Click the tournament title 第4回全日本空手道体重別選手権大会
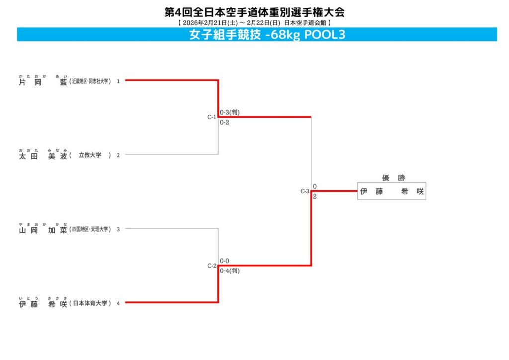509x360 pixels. (x=254, y=12)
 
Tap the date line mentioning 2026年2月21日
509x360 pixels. (x=254, y=23)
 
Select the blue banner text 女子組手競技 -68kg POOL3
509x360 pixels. (x=267, y=35)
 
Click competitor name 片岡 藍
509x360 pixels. (x=43, y=81)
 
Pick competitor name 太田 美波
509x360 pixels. (x=43, y=155)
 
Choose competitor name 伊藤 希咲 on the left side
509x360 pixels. (x=43, y=303)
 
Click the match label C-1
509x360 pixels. (x=212, y=117)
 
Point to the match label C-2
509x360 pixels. (x=212, y=266)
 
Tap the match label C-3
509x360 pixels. (x=305, y=191)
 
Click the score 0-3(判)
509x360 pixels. (x=230, y=112)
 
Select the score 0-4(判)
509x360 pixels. (x=230, y=271)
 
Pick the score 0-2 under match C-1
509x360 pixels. (x=225, y=123)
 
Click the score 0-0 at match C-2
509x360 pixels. (x=225, y=261)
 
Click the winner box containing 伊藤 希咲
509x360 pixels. (x=392, y=191)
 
